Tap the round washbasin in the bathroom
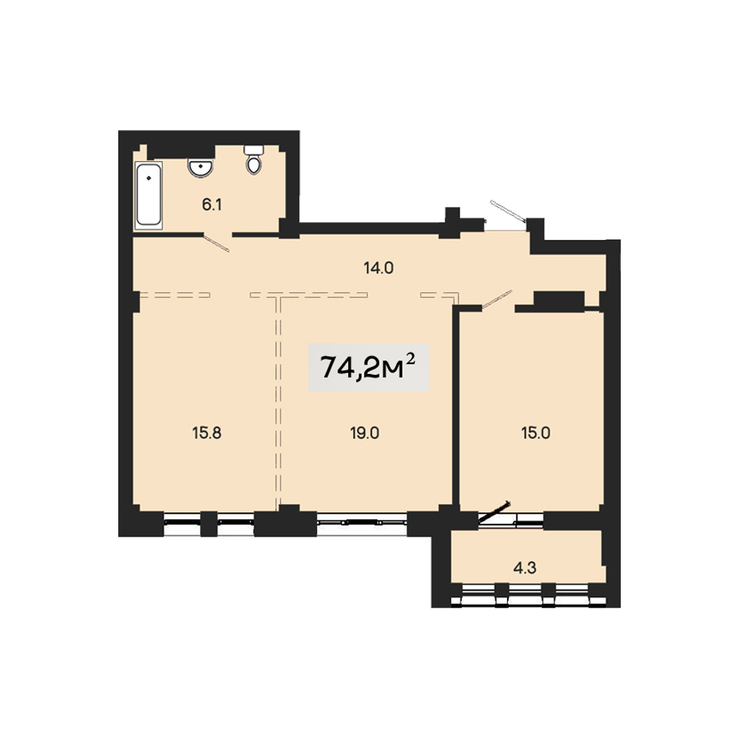200,167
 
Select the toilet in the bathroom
253,160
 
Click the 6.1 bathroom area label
212,205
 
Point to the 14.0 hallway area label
378,268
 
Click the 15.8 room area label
207,432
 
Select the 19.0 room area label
365,432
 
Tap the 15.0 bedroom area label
535,432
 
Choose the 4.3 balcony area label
525,568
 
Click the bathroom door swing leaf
216,243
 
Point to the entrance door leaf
508,211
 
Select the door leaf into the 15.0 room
497,300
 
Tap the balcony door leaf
494,512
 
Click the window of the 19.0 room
361,523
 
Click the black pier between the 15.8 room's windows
209,524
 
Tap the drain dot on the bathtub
149,178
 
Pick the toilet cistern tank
253,150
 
